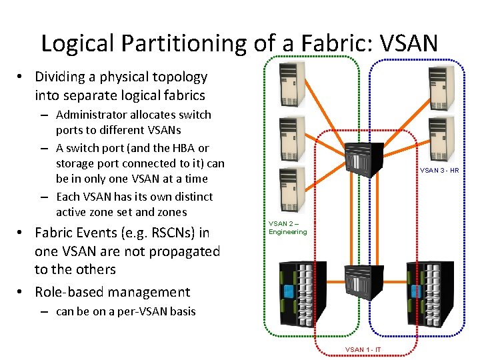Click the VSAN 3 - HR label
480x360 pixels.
(x=439, y=171)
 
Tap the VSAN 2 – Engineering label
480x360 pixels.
(x=287, y=228)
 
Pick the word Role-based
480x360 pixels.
(x=70, y=292)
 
